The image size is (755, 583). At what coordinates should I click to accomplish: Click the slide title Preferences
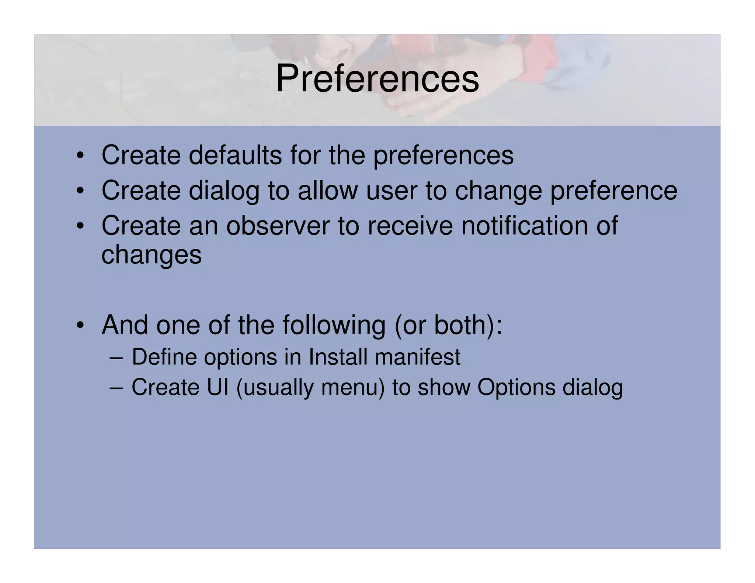click(377, 79)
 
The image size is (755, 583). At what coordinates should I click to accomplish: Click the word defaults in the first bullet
click(235, 155)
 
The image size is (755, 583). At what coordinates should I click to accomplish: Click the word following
click(334, 325)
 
